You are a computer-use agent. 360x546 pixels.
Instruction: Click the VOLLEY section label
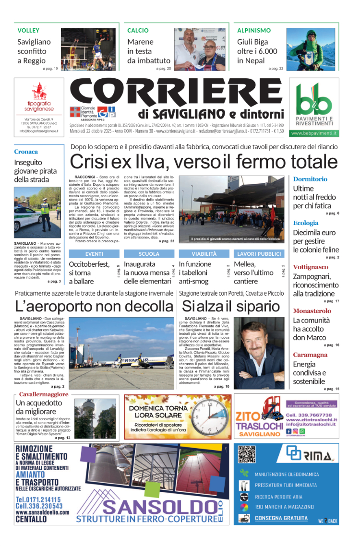click(28, 30)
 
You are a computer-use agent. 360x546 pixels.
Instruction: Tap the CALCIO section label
click(138, 30)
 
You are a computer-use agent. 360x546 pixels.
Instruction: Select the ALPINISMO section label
click(254, 30)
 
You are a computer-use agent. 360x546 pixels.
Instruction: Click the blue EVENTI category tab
click(94, 253)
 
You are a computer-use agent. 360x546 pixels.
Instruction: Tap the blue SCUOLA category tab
click(149, 253)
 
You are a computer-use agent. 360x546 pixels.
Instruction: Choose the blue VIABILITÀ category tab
click(204, 253)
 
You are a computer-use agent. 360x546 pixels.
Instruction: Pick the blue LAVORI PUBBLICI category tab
click(260, 253)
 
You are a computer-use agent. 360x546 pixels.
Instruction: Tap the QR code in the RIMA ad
click(248, 454)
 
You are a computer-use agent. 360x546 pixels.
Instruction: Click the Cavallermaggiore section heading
click(44, 394)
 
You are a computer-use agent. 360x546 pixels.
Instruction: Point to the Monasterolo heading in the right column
click(312, 311)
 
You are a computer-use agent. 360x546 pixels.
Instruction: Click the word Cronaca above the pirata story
click(26, 152)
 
